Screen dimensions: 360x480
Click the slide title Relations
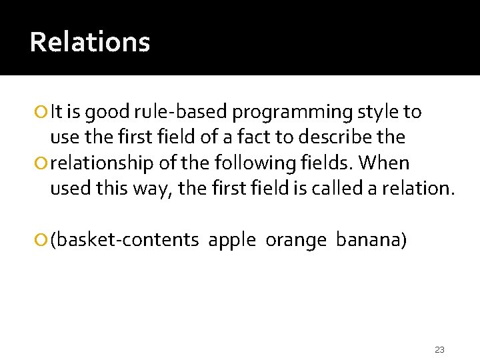coord(90,42)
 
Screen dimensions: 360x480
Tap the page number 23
coord(439,349)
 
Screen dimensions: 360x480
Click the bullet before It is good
coord(43,113)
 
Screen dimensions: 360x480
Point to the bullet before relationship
coord(43,163)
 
